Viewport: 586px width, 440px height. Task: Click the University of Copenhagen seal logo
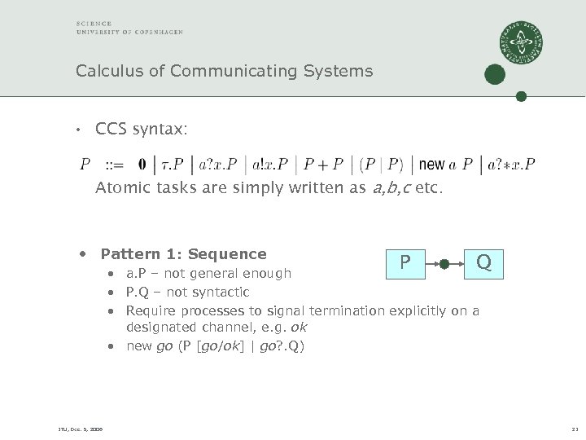tap(522, 43)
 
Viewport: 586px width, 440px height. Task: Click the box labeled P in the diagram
tap(405, 262)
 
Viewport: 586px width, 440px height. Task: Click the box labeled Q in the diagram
tap(483, 262)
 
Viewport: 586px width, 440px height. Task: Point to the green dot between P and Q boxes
tap(444, 263)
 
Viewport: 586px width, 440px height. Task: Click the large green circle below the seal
tap(494, 75)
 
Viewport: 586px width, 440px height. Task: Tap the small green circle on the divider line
tap(522, 96)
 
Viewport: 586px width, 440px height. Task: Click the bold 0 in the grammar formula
tap(142, 165)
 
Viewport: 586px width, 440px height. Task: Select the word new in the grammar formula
tap(431, 165)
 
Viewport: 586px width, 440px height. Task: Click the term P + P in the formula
tap(323, 165)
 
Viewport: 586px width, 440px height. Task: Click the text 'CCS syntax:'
tap(141, 129)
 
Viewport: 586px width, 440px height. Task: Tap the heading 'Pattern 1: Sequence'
tap(183, 254)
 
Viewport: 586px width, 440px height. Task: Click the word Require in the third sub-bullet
tap(152, 310)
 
